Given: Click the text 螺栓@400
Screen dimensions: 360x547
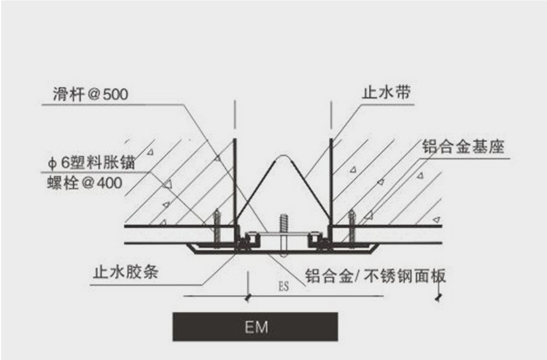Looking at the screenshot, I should point(89,184).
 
